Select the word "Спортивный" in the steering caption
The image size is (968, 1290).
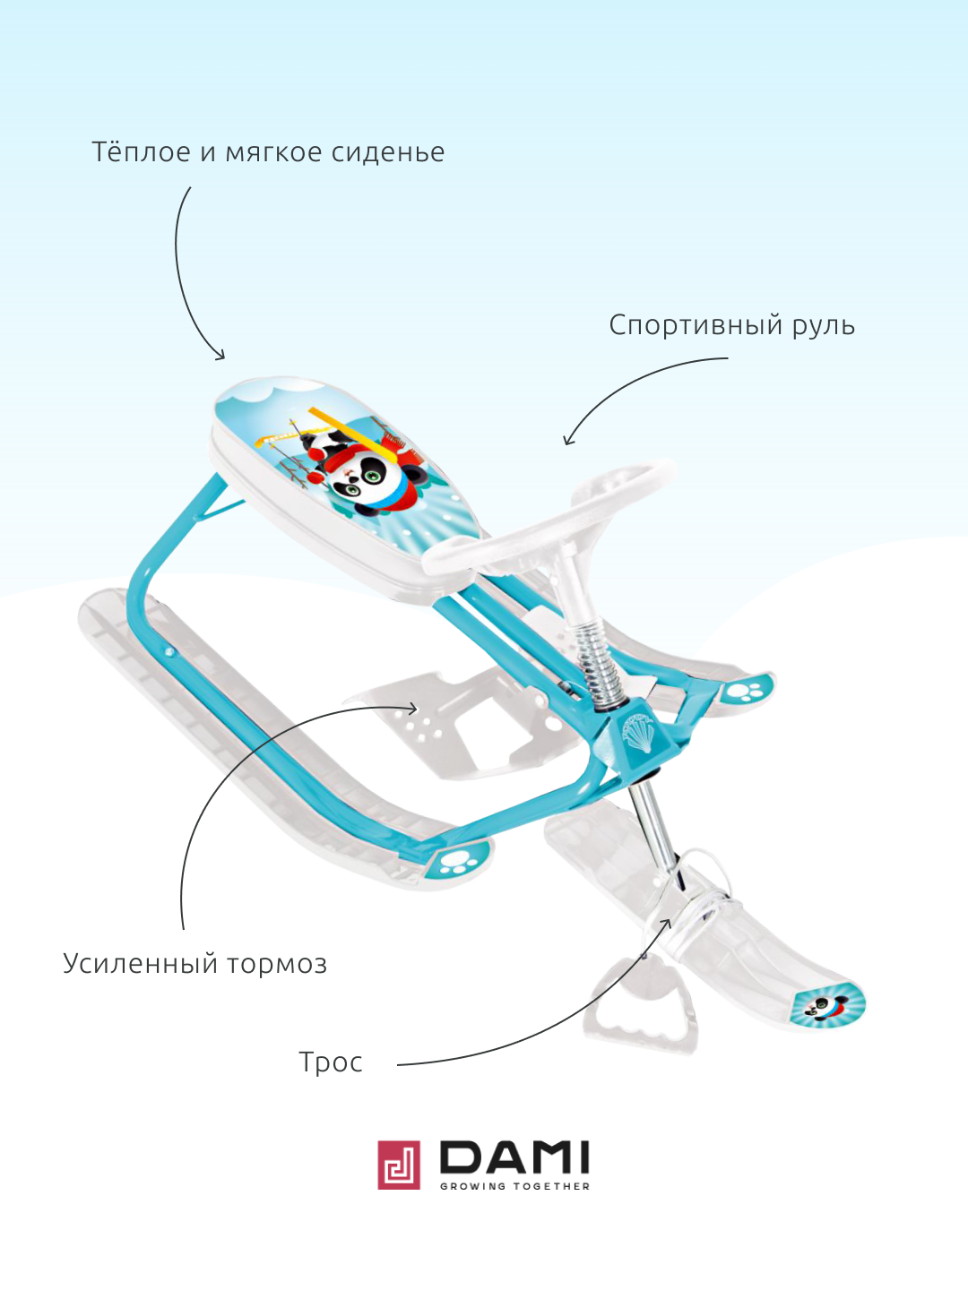pos(696,325)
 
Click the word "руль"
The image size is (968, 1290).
pos(824,325)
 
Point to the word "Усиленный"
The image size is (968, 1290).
pos(141,964)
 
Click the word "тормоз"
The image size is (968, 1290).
pos(277,965)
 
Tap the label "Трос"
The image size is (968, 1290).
pos(331,1062)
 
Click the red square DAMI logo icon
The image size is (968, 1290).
pos(399,1165)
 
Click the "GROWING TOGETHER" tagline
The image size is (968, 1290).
pos(515,1186)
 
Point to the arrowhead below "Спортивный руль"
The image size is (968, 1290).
pos(567,440)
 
